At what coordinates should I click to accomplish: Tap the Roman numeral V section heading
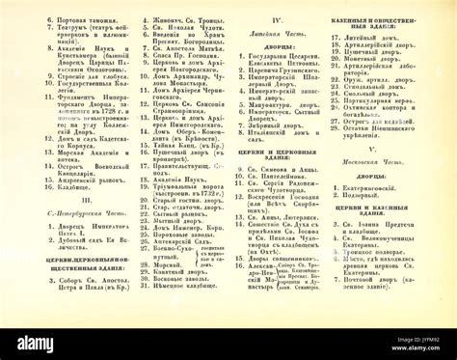(x=396, y=149)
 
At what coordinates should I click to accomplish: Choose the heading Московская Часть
(x=396, y=161)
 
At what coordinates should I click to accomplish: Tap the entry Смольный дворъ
(x=396, y=97)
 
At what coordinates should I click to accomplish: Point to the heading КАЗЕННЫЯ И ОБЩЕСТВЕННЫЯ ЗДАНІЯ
(x=396, y=14)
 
